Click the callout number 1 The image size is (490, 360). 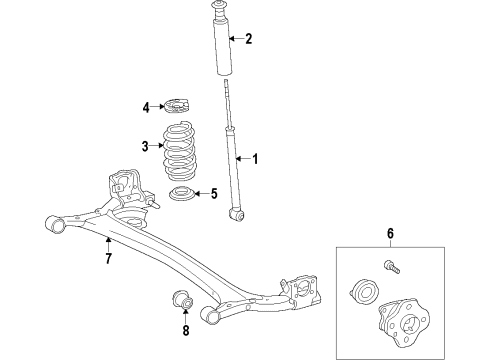pyautogui.click(x=254, y=158)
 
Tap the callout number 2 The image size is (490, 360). pyautogui.click(x=248, y=40)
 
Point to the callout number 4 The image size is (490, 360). pyautogui.click(x=145, y=107)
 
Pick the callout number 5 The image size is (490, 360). pyautogui.click(x=212, y=194)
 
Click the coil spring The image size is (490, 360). pyautogui.click(x=179, y=150)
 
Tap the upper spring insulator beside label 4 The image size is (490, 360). pyautogui.click(x=178, y=105)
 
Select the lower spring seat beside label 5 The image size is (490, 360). pyautogui.click(x=183, y=195)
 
